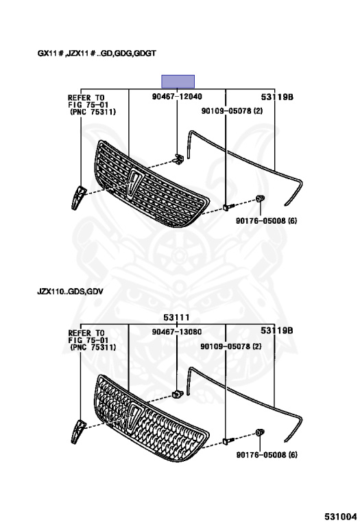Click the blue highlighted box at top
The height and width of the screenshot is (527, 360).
tap(178, 82)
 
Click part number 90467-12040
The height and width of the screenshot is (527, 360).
tap(177, 97)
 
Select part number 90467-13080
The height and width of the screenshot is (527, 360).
tap(177, 331)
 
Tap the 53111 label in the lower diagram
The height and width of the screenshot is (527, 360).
tap(177, 317)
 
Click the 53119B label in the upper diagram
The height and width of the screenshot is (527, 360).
tap(277, 97)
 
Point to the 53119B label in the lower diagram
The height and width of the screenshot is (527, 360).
tap(277, 331)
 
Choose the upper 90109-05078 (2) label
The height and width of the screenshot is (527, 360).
tap(232, 110)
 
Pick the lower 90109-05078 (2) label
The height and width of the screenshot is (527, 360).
tap(230, 346)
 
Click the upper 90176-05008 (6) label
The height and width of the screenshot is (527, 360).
tap(266, 221)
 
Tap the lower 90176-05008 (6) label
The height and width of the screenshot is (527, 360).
tap(267, 455)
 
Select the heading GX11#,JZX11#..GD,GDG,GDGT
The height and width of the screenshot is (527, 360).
tap(97, 53)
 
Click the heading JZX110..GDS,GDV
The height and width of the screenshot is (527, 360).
tap(70, 291)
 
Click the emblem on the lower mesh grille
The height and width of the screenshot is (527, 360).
tap(135, 418)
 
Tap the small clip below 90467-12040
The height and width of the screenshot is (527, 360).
tap(179, 159)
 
